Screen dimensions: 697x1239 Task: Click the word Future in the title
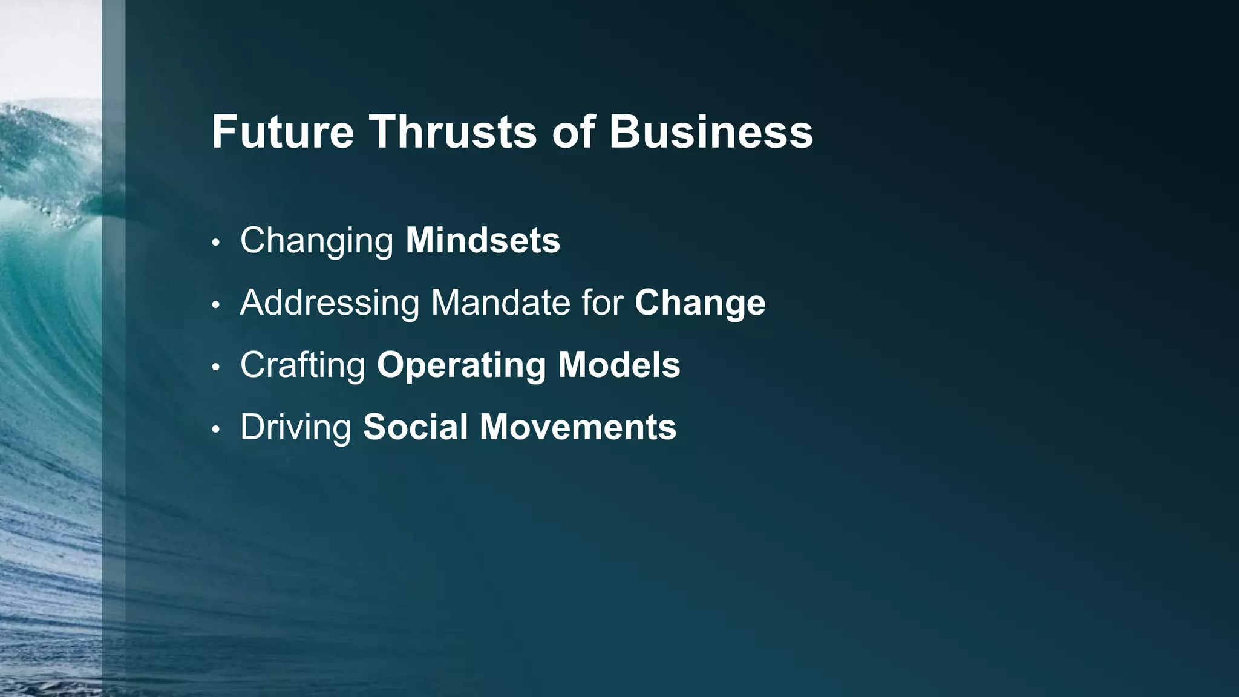pyautogui.click(x=283, y=132)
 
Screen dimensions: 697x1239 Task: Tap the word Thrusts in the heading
pyautogui.click(x=453, y=132)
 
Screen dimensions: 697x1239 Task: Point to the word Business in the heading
pyautogui.click(x=711, y=132)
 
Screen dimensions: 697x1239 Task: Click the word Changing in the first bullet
pyautogui.click(x=317, y=241)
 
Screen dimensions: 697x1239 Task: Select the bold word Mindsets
pyautogui.click(x=483, y=240)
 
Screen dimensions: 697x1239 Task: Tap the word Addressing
pyautogui.click(x=330, y=303)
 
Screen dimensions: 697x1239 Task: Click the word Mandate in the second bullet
pyautogui.click(x=500, y=303)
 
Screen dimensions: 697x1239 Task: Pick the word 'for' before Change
pyautogui.click(x=603, y=303)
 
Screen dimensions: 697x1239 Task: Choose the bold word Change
pyautogui.click(x=700, y=304)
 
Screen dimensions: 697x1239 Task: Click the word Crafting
pyautogui.click(x=302, y=365)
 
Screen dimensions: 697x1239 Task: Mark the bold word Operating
pyautogui.click(x=461, y=366)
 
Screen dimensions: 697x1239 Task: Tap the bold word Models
pyautogui.click(x=619, y=365)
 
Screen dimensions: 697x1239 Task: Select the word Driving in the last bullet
pyautogui.click(x=296, y=428)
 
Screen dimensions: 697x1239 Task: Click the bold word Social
pyautogui.click(x=415, y=427)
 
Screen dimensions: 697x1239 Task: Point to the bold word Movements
pyautogui.click(x=578, y=427)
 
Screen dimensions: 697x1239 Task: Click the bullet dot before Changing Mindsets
pyautogui.click(x=216, y=243)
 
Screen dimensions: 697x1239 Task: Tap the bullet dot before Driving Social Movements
pyautogui.click(x=216, y=430)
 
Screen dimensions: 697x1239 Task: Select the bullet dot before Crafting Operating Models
pyautogui.click(x=216, y=368)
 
